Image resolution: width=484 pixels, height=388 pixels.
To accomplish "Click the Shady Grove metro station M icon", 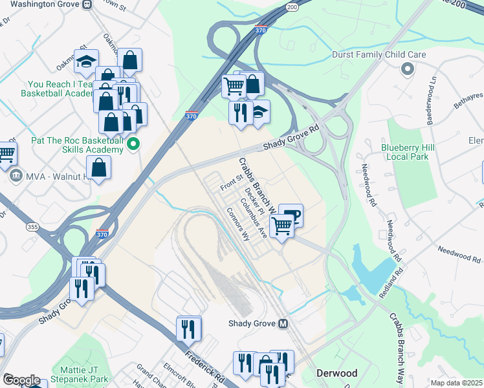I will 283,323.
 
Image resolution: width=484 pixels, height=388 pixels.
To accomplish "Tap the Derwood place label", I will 336,374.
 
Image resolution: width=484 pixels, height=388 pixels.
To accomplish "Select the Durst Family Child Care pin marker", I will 408,69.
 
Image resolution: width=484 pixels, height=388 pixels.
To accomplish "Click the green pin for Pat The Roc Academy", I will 134,144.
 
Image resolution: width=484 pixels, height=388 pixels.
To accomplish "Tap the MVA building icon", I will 14,175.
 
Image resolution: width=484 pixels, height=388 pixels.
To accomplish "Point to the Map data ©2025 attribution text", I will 456,383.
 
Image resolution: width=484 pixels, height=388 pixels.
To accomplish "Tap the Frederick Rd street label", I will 204,366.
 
